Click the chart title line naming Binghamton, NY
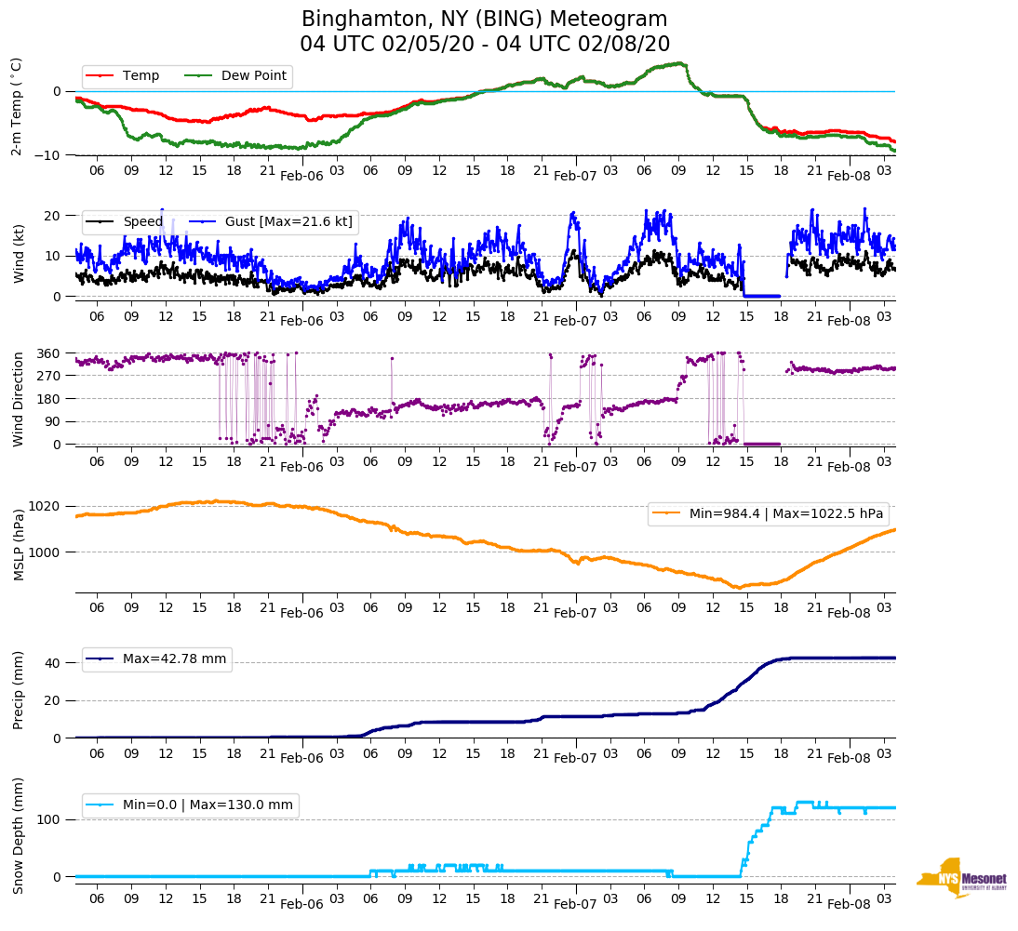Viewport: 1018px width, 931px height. (485, 20)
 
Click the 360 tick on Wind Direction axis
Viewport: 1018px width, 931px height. (49, 353)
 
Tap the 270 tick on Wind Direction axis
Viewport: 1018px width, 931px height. (49, 376)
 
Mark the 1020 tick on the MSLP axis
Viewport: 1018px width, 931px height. (46, 507)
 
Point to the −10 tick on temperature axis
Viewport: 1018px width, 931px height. (47, 155)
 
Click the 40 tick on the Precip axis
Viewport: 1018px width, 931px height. (53, 663)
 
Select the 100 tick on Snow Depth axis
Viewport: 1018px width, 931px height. (49, 819)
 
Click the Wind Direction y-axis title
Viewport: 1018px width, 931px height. (19, 398)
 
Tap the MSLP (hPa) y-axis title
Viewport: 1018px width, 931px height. (19, 545)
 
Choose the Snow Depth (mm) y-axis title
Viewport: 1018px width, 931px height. (19, 835)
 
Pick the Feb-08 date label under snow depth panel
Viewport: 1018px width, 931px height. (849, 904)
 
